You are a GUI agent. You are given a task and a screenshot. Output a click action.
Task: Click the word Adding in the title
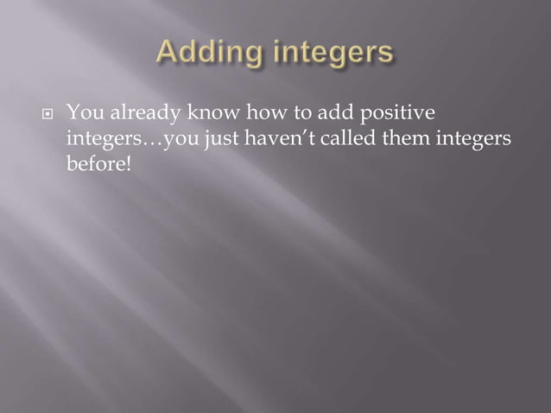point(207,54)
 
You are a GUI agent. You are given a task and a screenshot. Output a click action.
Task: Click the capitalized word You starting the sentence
point(83,112)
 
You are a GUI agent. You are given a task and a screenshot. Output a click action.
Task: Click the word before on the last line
point(95,164)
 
